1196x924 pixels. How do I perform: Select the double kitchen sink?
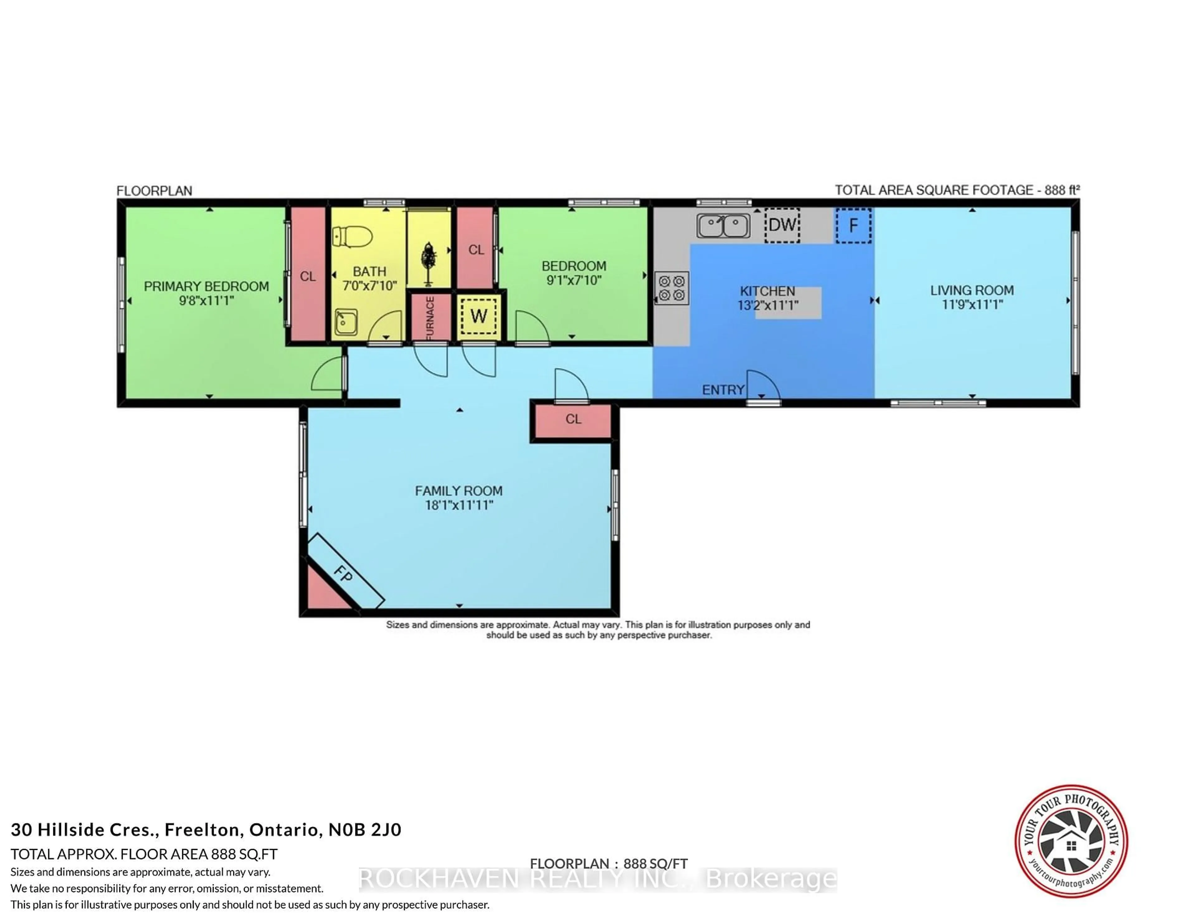tap(724, 225)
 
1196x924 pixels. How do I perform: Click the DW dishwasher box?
tap(782, 225)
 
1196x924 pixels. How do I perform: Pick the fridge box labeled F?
tap(853, 225)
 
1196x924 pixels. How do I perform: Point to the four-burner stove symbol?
tap(672, 289)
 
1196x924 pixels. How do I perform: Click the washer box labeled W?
tap(479, 316)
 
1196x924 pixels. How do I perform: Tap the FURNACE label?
tap(430, 318)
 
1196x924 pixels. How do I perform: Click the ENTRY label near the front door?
tap(723, 390)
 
